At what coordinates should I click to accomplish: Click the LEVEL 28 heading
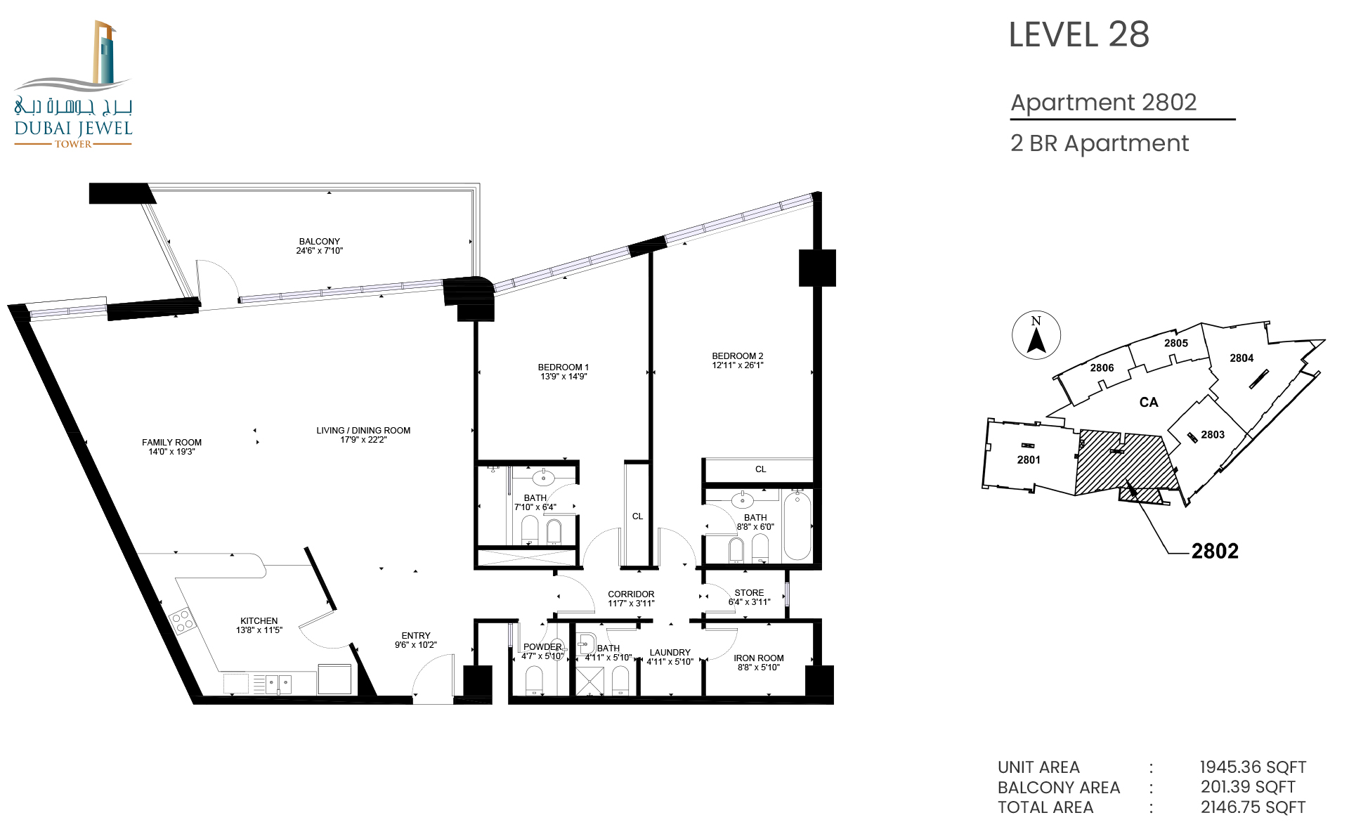click(x=1078, y=34)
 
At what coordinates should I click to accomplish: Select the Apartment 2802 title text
click(x=1103, y=103)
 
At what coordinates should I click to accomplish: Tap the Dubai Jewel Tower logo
click(x=73, y=84)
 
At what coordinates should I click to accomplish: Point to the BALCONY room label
click(x=320, y=241)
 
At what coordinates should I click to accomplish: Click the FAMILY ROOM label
click(x=171, y=442)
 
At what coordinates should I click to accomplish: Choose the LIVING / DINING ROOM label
click(x=363, y=430)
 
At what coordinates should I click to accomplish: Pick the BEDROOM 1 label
click(x=563, y=367)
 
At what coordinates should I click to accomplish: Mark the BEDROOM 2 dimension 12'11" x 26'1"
click(x=738, y=365)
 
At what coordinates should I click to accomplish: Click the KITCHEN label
click(x=259, y=620)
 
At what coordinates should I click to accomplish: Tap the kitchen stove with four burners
click(x=182, y=621)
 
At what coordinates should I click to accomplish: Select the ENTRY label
click(x=416, y=635)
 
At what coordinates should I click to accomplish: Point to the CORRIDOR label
click(x=631, y=594)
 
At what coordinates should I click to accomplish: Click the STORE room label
click(x=749, y=592)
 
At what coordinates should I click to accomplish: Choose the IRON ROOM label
click(x=759, y=658)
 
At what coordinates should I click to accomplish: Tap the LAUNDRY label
click(x=670, y=652)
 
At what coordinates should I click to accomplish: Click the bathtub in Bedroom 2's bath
click(x=797, y=526)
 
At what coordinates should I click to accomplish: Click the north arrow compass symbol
click(x=1036, y=335)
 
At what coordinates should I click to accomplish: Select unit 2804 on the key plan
click(x=1242, y=358)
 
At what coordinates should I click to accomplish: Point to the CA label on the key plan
click(x=1149, y=402)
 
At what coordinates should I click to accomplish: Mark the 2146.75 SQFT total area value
click(x=1253, y=807)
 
